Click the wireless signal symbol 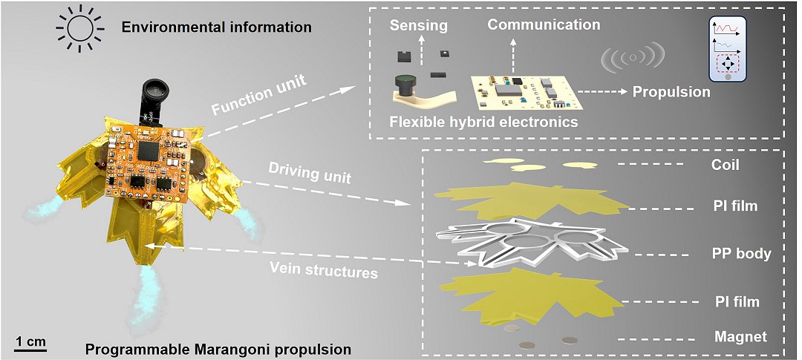[630, 58]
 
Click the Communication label [544, 24]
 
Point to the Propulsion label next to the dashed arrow [671, 92]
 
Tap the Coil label [725, 164]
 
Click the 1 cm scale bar [30, 347]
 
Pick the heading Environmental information [216, 27]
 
